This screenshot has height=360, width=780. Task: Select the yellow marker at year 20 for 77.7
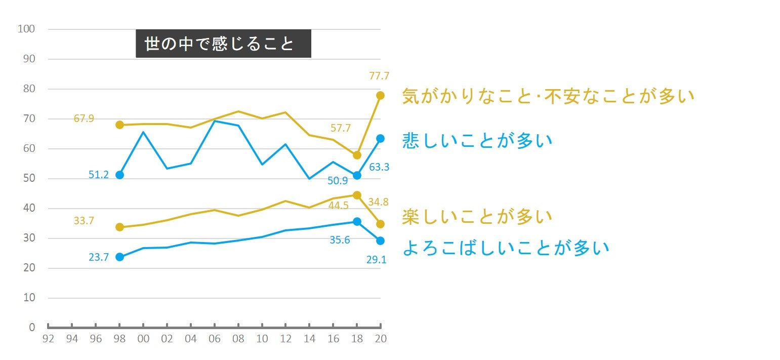click(x=380, y=95)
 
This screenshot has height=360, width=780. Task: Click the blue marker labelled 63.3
click(x=380, y=138)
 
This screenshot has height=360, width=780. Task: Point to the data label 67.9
click(x=84, y=119)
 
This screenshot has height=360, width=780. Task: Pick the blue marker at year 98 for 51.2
click(x=120, y=175)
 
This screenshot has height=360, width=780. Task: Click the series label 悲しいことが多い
click(x=477, y=140)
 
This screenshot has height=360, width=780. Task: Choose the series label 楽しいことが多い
click(x=477, y=217)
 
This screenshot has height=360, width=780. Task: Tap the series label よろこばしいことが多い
click(x=506, y=248)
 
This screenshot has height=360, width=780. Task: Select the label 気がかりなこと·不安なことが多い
click(x=548, y=96)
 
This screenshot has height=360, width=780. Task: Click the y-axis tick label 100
click(x=26, y=29)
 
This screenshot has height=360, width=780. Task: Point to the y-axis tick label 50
click(x=29, y=178)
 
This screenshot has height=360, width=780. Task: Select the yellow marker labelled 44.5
click(x=357, y=195)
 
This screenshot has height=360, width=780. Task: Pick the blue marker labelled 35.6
click(x=357, y=221)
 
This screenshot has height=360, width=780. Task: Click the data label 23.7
click(x=99, y=257)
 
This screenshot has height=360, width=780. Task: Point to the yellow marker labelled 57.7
click(x=357, y=155)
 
